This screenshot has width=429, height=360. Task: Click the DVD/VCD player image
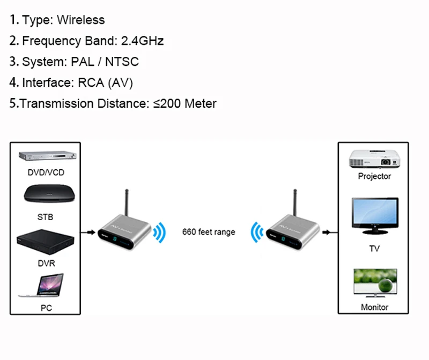47,156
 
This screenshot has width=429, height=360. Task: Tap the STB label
45,217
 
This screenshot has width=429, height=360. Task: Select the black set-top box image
49,194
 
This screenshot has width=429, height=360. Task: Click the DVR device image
46,242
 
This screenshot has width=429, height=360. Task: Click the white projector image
374,159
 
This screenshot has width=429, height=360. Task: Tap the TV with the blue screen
375,216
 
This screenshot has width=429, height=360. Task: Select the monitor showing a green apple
375,283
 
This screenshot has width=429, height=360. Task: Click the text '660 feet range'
209,232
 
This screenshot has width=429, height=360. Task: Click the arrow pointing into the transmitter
88,232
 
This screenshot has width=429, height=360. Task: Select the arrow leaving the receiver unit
330,232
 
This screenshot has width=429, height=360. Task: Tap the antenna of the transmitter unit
127,202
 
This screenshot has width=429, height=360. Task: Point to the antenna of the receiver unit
295,202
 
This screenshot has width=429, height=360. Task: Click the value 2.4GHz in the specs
142,41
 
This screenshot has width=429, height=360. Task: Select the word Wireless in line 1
81,20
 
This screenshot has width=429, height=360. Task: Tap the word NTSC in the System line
122,62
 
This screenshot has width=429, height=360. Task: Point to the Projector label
374,176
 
